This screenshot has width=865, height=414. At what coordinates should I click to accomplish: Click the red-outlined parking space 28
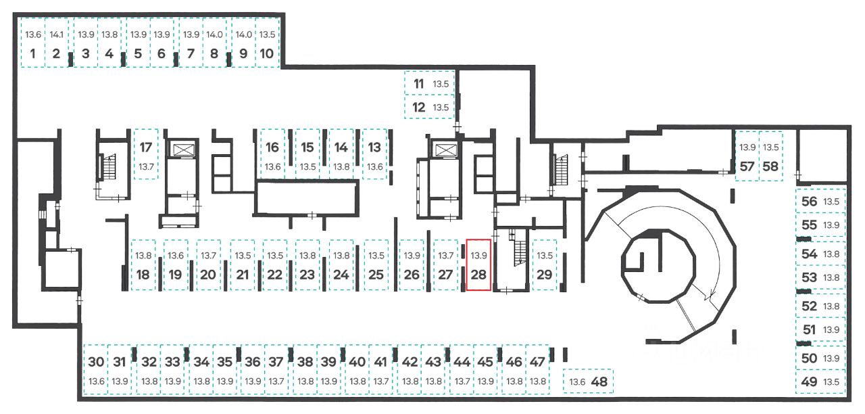tap(478, 264)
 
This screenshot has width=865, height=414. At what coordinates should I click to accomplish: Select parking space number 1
tap(33, 43)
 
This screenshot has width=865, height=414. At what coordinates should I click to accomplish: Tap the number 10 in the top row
tap(266, 53)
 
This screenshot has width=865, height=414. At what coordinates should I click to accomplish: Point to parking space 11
tap(430, 83)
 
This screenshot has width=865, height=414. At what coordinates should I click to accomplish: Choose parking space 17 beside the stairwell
tap(146, 154)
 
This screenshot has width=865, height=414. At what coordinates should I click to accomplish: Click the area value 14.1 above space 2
tap(56, 34)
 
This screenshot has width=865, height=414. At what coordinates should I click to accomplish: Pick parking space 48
tap(588, 382)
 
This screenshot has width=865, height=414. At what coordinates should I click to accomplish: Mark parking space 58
tap(771, 156)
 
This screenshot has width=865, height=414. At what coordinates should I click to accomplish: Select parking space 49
tap(820, 382)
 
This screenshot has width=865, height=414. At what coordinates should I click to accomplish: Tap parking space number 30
tap(96, 369)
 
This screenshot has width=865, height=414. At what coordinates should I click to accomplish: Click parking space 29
tap(545, 264)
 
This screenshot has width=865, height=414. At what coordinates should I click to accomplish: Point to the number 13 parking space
tap(374, 154)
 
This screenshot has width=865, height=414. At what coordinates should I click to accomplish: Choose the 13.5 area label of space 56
tap(831, 202)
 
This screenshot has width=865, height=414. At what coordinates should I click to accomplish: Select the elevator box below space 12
tap(445, 149)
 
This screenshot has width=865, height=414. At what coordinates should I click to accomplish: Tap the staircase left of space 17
tap(108, 167)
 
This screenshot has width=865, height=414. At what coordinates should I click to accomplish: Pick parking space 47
tap(537, 369)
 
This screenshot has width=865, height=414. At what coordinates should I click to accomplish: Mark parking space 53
tap(820, 277)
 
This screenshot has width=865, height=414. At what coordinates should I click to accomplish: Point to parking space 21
tap(243, 264)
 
